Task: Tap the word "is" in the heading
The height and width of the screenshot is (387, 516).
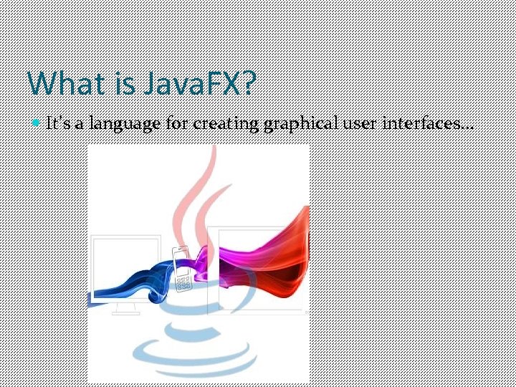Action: tap(125, 84)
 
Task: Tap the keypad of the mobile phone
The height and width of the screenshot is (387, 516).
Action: tap(183, 282)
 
